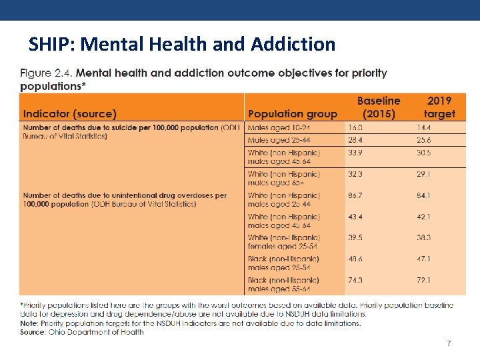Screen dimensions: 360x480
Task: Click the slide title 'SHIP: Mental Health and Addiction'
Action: pos(182,44)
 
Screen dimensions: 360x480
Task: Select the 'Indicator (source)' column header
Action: pos(69,114)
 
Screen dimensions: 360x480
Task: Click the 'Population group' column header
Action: pos(293,114)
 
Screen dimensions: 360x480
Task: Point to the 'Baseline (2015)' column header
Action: pos(378,107)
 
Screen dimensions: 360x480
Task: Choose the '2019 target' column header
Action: pos(439,107)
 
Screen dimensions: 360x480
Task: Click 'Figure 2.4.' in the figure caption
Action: pos(46,73)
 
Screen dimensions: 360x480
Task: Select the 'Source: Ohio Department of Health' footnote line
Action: pos(81,331)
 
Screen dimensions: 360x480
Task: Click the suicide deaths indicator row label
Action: pos(131,131)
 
